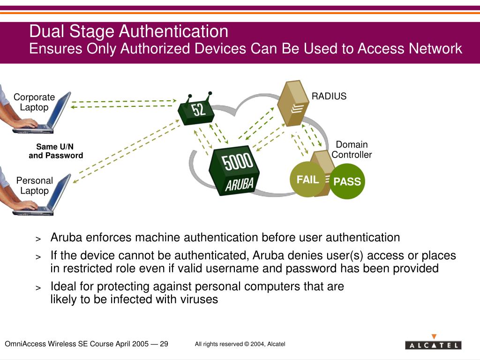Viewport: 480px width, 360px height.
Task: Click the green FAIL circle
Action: [x=307, y=180]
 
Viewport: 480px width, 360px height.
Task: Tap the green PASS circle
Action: [x=347, y=181]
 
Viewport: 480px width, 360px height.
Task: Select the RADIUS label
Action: [x=329, y=96]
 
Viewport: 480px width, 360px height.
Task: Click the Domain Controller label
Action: [x=352, y=150]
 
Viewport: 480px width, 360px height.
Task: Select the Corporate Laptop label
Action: [x=34, y=102]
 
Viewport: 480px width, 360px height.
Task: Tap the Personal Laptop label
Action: [x=34, y=186]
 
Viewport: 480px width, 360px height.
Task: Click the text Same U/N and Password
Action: [x=55, y=151]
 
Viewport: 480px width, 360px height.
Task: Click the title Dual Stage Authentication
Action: [x=129, y=31]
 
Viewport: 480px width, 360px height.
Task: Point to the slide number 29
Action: [x=164, y=344]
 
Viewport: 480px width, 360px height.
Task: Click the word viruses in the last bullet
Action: [x=199, y=300]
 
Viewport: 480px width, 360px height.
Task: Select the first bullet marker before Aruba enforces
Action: [x=39, y=239]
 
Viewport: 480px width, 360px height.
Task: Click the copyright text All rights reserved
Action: [x=240, y=344]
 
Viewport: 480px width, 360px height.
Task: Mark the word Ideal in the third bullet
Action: [x=63, y=286]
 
